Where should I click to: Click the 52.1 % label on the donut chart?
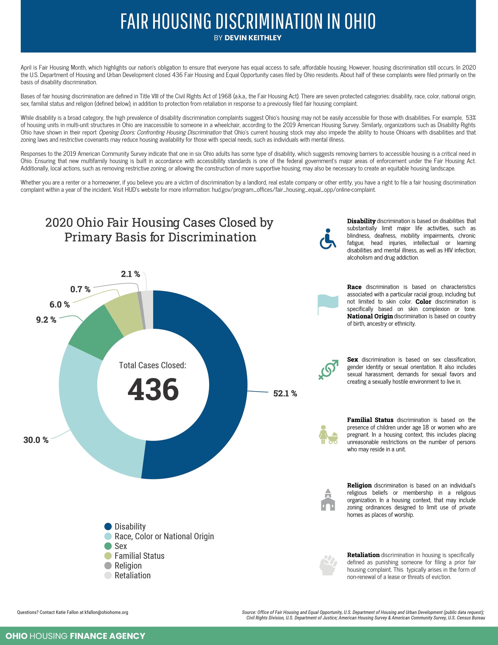click(285, 393)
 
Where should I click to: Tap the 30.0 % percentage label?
click(36, 440)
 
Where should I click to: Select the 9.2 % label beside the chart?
click(46, 320)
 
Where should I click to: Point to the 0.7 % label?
click(80, 289)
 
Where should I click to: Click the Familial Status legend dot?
click(108, 556)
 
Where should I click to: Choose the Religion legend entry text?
click(128, 566)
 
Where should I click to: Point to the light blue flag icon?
click(328, 303)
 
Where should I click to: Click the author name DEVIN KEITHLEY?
click(253, 38)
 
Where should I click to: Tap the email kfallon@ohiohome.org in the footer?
click(106, 612)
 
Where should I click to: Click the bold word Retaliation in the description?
click(363, 555)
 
